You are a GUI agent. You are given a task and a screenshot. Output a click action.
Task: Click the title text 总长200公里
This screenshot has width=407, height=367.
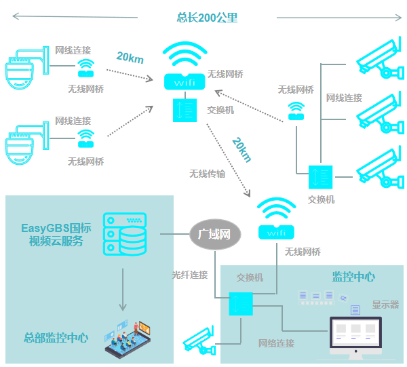point(208,18)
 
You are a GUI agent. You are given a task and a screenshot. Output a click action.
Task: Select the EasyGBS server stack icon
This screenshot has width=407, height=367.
point(124,234)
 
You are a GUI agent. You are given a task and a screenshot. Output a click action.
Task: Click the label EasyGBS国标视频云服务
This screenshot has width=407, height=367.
point(56,234)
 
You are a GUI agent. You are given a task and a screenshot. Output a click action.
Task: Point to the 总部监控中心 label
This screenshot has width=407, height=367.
point(56,338)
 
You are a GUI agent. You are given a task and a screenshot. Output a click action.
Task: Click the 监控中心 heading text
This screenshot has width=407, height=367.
point(353,277)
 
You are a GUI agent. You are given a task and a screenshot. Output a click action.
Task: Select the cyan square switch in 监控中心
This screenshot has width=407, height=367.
point(241,304)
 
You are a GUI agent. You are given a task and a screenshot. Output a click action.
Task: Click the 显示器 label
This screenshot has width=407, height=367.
point(385,305)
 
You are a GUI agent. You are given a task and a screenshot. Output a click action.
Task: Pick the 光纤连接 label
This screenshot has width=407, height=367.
point(189,275)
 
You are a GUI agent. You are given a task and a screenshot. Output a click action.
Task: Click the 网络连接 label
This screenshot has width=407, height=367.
point(276,343)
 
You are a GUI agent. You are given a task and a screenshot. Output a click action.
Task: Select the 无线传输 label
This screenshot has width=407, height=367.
point(207,174)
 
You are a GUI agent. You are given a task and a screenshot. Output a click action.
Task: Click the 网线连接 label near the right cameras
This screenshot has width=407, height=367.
point(344,98)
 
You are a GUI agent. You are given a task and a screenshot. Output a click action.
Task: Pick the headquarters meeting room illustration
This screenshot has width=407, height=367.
point(130,337)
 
